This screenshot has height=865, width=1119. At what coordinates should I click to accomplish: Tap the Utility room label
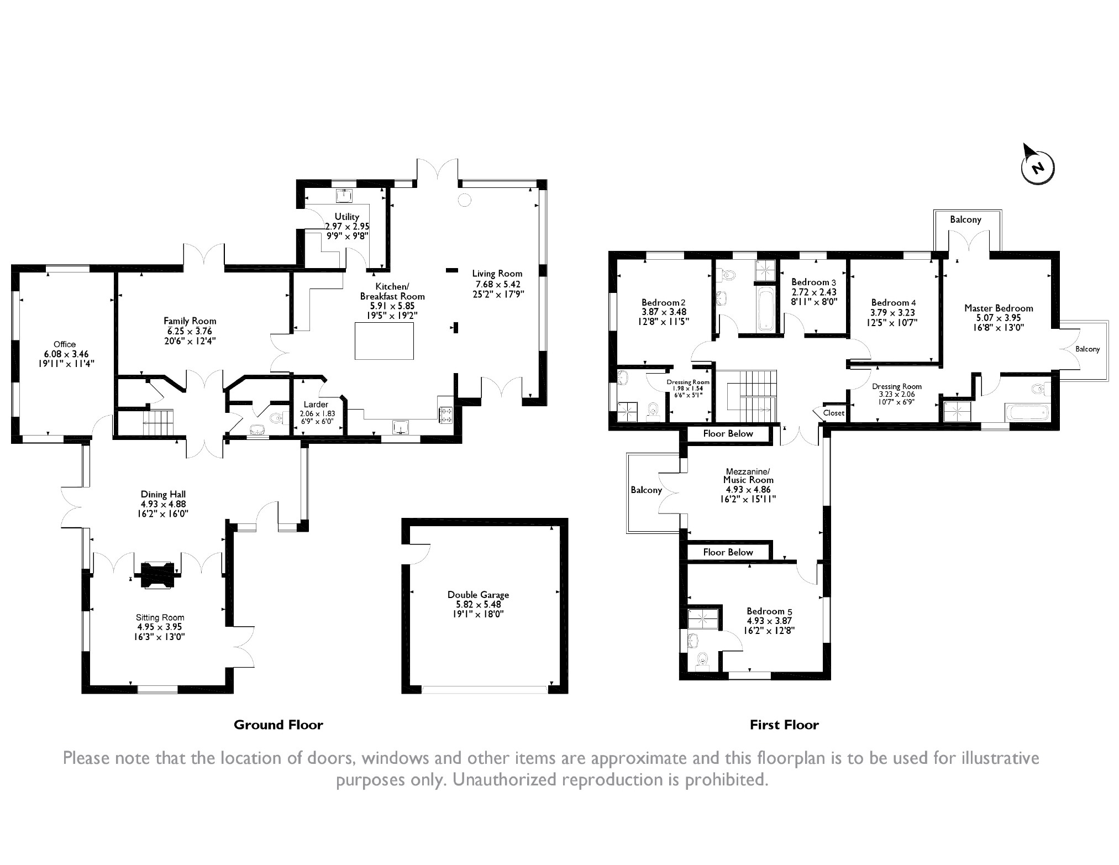tap(347, 217)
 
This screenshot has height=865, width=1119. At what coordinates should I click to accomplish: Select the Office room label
tap(65, 344)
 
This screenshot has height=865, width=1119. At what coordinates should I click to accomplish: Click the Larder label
tap(316, 405)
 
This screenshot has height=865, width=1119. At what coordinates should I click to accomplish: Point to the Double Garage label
tap(478, 595)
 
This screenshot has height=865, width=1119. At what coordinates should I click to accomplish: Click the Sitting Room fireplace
tap(159, 576)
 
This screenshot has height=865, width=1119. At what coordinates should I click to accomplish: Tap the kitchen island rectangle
tap(384, 341)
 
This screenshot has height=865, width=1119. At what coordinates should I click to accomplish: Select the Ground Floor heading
tap(279, 725)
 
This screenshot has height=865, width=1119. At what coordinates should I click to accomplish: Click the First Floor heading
tap(784, 725)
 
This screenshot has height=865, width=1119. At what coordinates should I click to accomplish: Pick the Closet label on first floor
tap(834, 413)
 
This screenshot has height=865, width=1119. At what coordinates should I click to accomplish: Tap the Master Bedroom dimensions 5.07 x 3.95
tap(999, 318)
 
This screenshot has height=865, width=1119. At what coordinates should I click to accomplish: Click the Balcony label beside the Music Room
tap(647, 490)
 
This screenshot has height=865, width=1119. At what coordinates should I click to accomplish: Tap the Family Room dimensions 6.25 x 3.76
tap(190, 331)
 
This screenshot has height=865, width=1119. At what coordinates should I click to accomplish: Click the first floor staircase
tap(746, 396)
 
